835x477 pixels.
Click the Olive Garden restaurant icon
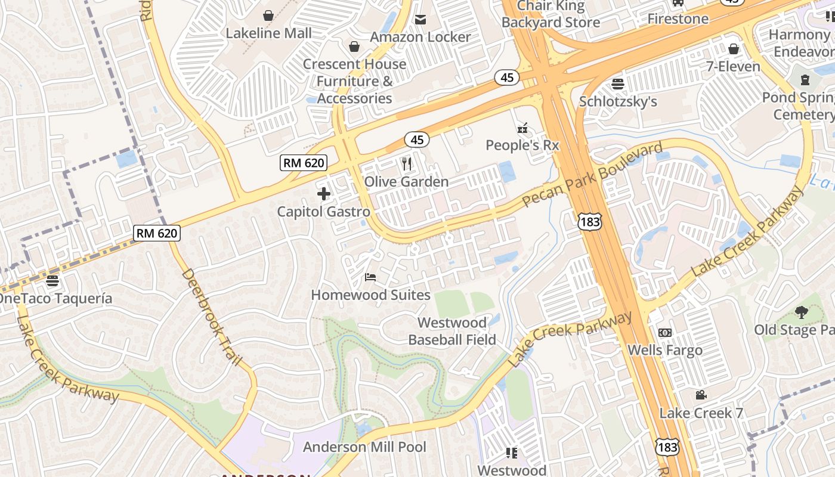point(407,163)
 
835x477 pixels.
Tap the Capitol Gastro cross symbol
point(324,194)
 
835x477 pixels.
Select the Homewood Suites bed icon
point(370,277)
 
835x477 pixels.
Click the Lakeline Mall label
point(268,33)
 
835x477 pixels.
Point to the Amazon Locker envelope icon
point(420,20)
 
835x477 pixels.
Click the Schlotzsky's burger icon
point(618,83)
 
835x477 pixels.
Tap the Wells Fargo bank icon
point(664,333)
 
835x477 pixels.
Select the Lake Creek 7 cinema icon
point(701,395)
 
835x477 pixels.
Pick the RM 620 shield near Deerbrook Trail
point(157,233)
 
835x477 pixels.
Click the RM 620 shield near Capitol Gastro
point(304,163)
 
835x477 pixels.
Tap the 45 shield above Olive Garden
point(417,140)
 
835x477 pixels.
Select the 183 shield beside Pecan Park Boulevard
point(589,222)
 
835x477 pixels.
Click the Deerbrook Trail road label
point(212,317)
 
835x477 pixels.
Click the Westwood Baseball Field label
point(452,332)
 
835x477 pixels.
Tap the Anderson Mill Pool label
point(364,447)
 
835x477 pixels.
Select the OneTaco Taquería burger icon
point(52,281)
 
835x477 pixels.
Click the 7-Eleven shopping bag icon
point(733,49)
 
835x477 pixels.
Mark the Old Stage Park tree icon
point(801,312)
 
